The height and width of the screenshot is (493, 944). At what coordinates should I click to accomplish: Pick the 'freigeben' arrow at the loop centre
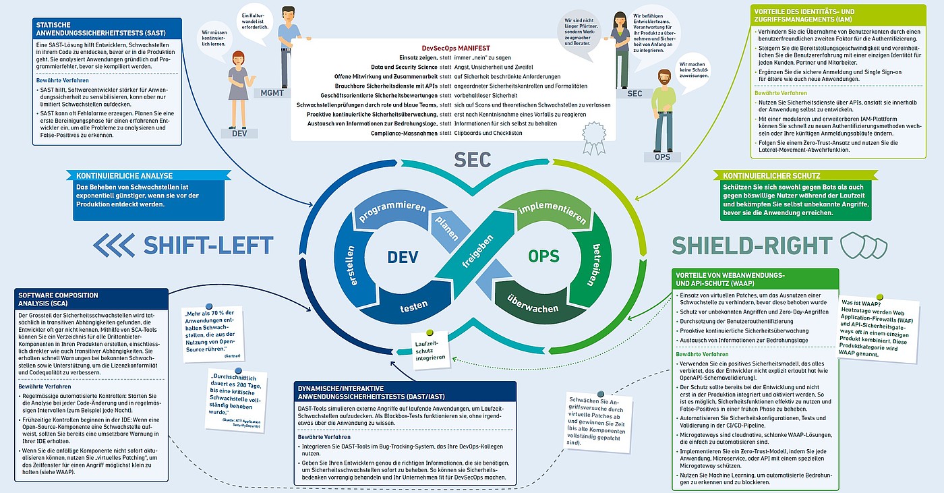pyautogui.click(x=475, y=260)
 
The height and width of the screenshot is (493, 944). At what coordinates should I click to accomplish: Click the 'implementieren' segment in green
pyautogui.click(x=552, y=210)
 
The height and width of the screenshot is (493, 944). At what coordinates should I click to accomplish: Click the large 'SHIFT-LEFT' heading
pyautogui.click(x=208, y=245)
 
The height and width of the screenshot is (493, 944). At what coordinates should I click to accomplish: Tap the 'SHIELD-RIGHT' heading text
pyautogui.click(x=751, y=245)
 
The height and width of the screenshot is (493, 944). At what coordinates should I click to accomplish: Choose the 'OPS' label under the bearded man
pyautogui.click(x=662, y=157)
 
